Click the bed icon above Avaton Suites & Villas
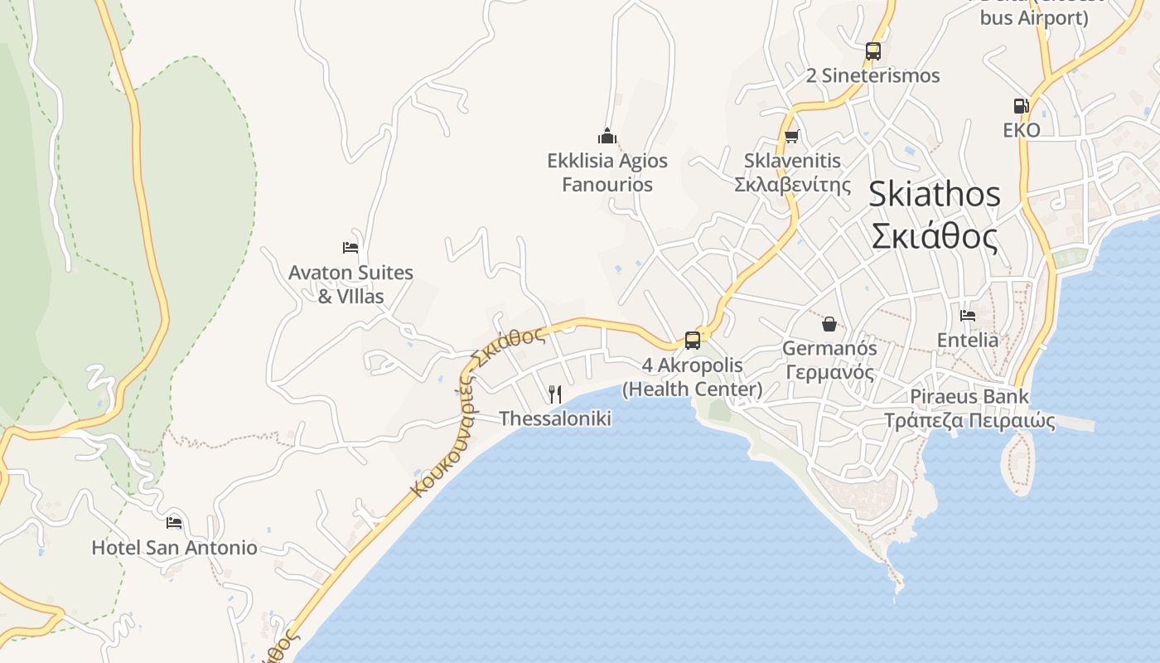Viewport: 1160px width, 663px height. pos(350,247)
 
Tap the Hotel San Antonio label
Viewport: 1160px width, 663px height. pos(174,548)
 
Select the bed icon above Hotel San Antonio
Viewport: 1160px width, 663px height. pos(174,522)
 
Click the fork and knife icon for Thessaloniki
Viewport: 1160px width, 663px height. pos(555,394)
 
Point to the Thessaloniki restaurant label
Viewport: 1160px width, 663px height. pos(555,419)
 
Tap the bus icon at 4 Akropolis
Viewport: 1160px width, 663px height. pos(693,340)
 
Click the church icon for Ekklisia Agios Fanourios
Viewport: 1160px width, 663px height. pos(607,136)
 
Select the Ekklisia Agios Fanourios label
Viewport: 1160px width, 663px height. pos(607,172)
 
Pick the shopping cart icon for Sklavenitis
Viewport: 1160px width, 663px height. pos(792,136)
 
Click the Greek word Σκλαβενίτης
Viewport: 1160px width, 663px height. pos(792,184)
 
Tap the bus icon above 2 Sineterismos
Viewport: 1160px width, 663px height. pos(872,51)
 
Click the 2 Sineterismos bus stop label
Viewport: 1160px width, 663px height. pos(872,75)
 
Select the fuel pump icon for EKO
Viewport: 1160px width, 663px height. pos(1021,105)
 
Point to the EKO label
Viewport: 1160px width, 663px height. pos(1021,130)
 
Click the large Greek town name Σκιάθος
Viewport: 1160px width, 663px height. pos(934,237)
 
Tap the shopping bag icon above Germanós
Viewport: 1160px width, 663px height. pos(829,323)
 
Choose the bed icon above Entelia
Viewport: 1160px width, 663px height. pos(967,315)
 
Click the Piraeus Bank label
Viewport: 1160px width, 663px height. pos(969,396)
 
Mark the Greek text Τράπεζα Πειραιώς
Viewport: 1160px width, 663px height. pos(969,421)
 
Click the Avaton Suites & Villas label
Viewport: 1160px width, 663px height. pos(350,283)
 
